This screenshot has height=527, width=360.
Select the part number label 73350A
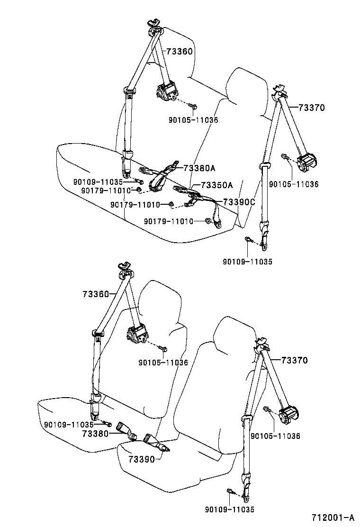pyautogui.click(x=217, y=185)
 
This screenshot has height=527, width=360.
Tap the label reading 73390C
pyautogui.click(x=239, y=202)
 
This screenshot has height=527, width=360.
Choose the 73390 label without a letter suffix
pyautogui.click(x=142, y=459)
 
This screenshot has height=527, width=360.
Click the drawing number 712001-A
pyautogui.click(x=333, y=517)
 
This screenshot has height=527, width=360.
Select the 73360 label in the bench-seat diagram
pyautogui.click(x=180, y=52)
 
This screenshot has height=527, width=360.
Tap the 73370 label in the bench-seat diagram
pyautogui.click(x=312, y=108)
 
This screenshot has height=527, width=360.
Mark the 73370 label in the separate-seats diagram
pyautogui.click(x=295, y=360)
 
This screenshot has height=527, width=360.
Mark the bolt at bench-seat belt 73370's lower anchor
pyautogui.click(x=248, y=240)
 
